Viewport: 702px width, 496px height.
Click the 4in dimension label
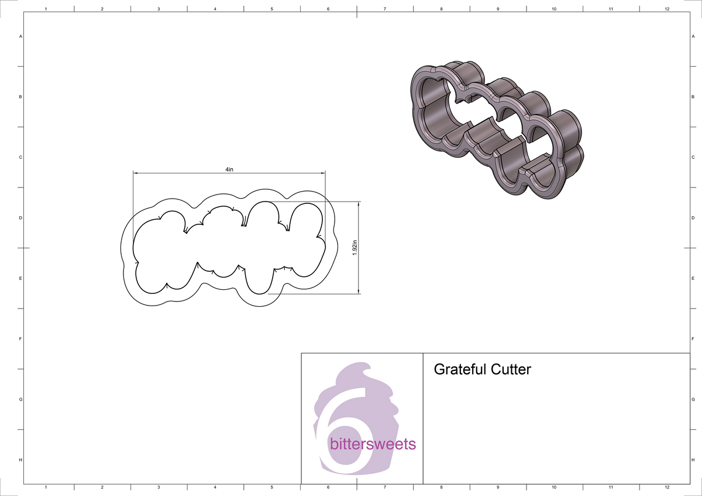pos(229,169)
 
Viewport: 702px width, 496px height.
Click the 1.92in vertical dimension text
pos(355,248)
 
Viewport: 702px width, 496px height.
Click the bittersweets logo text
pos(373,444)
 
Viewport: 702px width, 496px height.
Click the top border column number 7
pos(384,9)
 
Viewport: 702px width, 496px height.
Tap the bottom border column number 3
pos(159,487)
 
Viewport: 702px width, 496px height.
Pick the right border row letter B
pos(693,97)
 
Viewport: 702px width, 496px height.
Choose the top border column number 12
pos(667,9)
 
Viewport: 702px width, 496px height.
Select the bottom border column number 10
pos(553,487)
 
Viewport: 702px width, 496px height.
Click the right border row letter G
pos(693,400)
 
